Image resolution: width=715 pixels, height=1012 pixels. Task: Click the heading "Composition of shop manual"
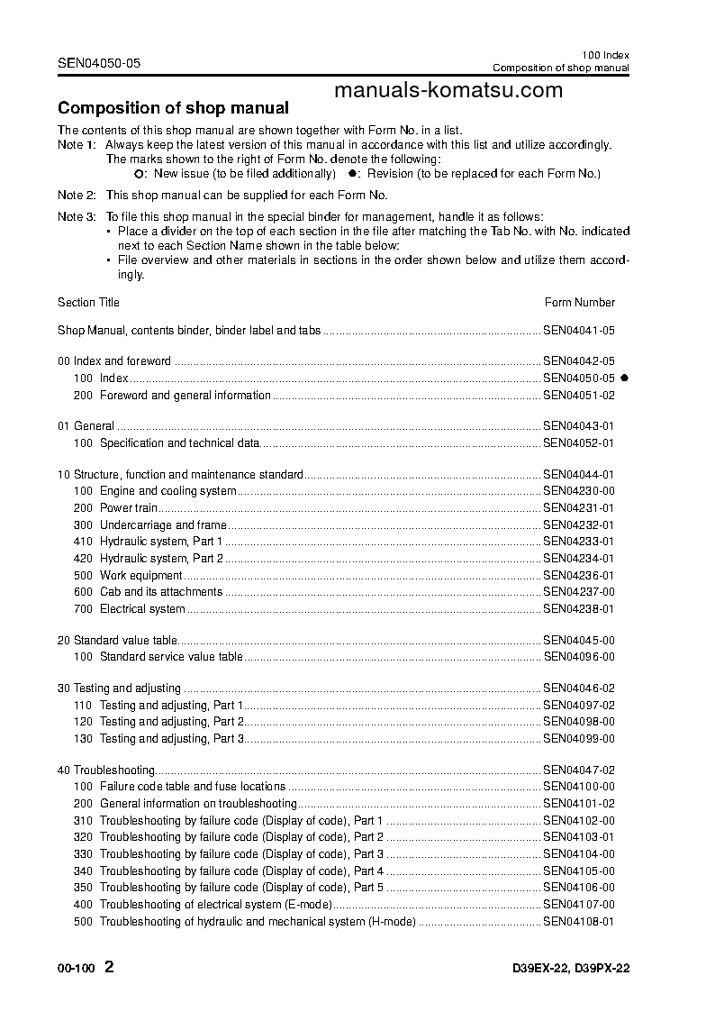173,108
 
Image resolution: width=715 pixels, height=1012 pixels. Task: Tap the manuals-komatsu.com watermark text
448,89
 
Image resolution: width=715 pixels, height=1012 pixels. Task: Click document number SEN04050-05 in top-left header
99,63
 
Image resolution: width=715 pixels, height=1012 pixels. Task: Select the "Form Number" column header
580,303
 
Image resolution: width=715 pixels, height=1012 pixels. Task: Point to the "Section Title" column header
88,303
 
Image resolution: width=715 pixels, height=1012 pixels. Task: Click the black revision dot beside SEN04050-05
623,378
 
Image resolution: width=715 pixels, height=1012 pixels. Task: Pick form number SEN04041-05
578,331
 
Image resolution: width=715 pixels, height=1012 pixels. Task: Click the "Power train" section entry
129,508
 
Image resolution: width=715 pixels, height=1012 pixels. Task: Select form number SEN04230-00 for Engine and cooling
578,491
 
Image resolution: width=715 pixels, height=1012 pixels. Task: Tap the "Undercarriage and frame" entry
162,525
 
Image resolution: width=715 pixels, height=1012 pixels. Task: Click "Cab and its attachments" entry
160,592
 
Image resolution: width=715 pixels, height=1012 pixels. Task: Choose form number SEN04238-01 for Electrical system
578,609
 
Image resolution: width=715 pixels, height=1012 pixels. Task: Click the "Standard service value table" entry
170,657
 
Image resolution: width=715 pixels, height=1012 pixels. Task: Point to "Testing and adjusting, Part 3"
171,739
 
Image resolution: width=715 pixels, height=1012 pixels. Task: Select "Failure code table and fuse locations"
192,787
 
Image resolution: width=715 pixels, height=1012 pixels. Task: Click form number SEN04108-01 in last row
578,922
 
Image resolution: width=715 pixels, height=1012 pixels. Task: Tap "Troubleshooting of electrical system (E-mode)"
215,905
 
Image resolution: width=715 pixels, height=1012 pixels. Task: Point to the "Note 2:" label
77,196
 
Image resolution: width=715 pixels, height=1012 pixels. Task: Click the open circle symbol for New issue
139,173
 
